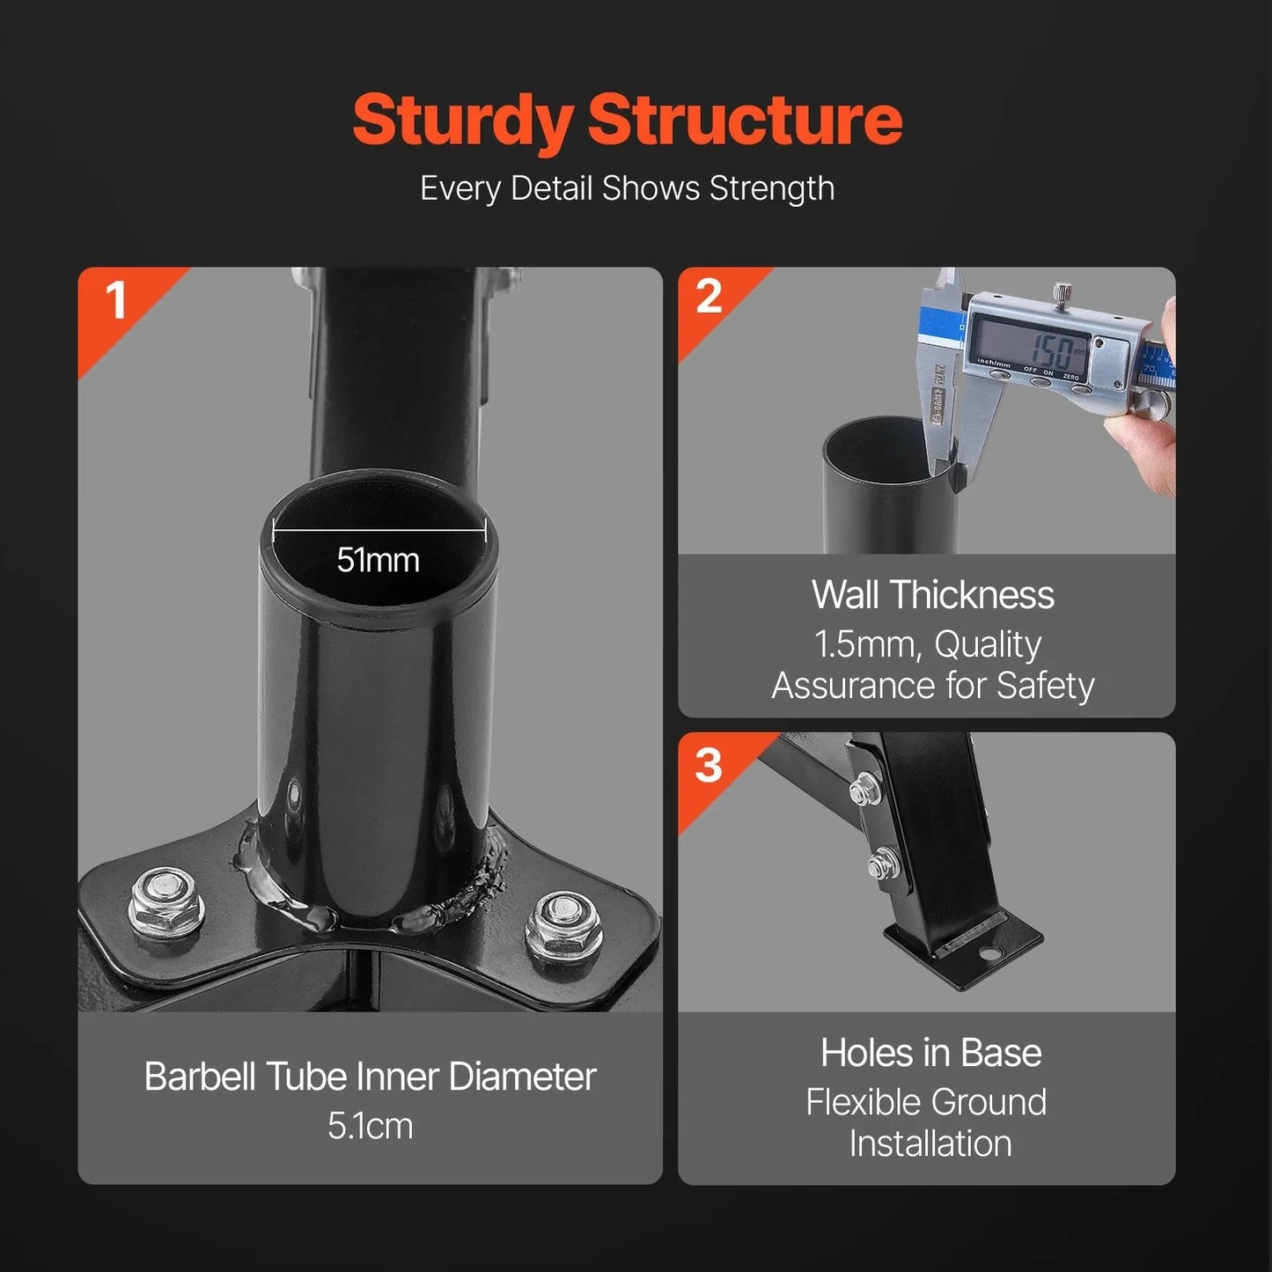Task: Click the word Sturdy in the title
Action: (462, 122)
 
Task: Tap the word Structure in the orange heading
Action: (745, 119)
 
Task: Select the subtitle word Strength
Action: (772, 189)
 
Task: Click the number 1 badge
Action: (116, 300)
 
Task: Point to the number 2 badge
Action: (709, 297)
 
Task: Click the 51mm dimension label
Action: (379, 561)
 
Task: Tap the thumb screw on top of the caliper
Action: (1061, 293)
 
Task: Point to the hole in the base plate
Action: (989, 954)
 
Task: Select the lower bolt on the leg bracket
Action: (879, 864)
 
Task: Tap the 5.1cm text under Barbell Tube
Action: (371, 1126)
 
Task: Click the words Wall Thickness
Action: (933, 595)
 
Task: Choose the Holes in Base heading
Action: (931, 1052)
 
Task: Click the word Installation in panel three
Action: (930, 1143)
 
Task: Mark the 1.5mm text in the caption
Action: (864, 645)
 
